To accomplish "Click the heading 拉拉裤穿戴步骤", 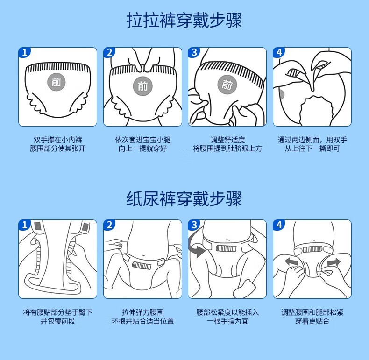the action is [184, 20].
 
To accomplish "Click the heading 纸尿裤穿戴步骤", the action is [184, 199].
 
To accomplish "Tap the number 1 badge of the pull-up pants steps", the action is [24, 52].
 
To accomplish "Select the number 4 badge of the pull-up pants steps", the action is [279, 52].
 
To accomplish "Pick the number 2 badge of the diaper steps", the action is [109, 225].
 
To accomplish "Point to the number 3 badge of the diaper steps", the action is [194, 225].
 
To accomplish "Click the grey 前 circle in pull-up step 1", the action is [56, 82].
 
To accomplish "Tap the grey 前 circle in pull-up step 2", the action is [142, 86].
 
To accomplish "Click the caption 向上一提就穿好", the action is [142, 148].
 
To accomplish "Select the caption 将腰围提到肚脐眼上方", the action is [227, 148].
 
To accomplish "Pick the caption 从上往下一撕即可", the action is [312, 148].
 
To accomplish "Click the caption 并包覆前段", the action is [57, 321].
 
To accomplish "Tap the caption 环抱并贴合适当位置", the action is [142, 321].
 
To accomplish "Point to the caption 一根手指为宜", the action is [227, 321].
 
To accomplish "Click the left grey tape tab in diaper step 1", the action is [38, 226].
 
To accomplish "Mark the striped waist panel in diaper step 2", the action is [142, 265].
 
